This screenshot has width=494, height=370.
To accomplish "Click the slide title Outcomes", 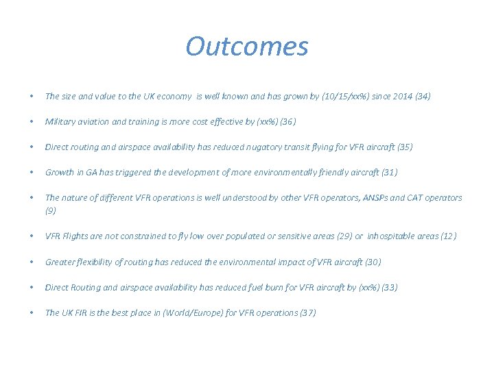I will click(247, 47).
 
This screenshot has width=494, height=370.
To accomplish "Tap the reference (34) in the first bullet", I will click(423, 97).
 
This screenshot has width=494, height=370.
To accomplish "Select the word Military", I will click(60, 122).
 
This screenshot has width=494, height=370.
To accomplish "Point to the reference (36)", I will click(287, 122).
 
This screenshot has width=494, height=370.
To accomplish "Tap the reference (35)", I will click(405, 147).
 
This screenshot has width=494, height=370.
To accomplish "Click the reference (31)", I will click(389, 173).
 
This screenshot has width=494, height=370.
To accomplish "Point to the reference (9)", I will click(51, 211).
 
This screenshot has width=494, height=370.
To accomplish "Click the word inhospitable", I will click(396, 236).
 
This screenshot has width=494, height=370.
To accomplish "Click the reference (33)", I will click(389, 287).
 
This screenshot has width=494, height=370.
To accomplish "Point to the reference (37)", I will click(308, 312).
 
